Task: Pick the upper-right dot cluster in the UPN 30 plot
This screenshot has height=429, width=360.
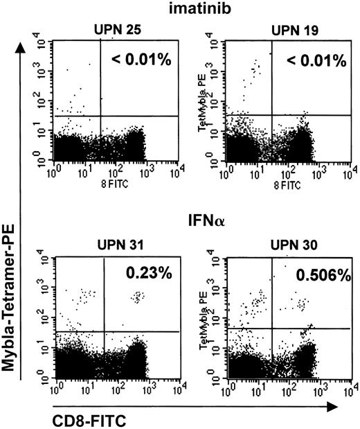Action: pos(303,304)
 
